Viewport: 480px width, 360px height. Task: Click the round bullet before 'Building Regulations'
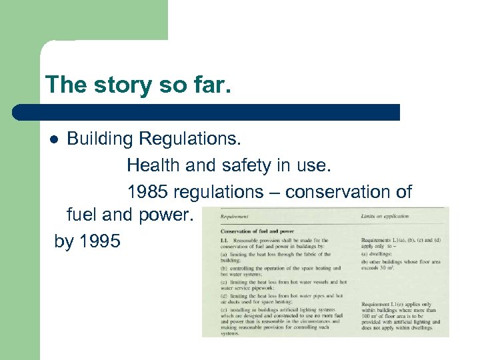(55, 139)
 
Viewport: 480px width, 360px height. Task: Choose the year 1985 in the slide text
(147, 192)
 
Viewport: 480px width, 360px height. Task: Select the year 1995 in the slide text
(100, 241)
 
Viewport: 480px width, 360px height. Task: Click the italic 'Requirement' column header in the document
(235, 217)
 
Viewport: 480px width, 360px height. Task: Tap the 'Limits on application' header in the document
(385, 217)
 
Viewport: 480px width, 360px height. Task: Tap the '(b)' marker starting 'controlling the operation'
(224, 269)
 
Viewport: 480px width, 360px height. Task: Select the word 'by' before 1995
(64, 241)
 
